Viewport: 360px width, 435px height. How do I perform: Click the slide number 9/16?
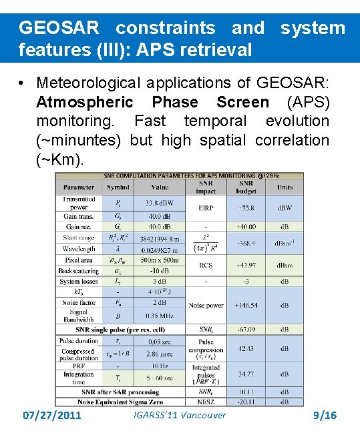coord(325,415)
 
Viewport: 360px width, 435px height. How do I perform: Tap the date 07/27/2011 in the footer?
coord(52,415)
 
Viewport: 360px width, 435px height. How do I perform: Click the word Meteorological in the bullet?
coord(88,83)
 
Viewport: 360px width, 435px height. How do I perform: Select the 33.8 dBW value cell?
coord(160,203)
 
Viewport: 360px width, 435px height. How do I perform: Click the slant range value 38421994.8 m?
coord(160,238)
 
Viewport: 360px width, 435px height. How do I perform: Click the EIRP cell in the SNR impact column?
coord(206,207)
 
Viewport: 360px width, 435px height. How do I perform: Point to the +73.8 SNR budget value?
coord(246,207)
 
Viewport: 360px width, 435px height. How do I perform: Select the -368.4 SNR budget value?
coord(246,244)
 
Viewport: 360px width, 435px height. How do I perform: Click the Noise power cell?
coord(206,305)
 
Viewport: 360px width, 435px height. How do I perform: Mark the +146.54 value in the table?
coord(246,305)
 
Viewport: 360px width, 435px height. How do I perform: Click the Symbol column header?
coord(118,187)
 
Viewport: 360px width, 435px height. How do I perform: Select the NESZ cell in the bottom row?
coord(206,402)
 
